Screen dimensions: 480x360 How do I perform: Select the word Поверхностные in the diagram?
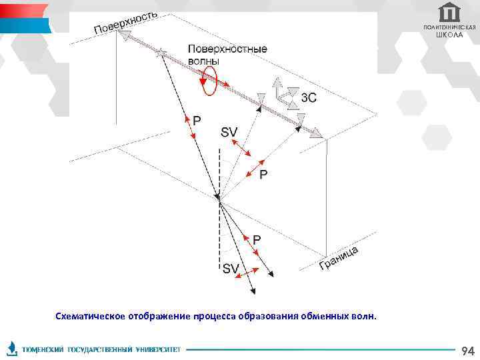[227, 49]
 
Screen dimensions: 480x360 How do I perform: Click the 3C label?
[309, 98]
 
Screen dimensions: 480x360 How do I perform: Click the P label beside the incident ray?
[197, 120]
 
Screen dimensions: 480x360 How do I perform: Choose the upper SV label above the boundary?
[229, 133]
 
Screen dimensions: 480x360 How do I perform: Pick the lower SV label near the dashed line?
[231, 269]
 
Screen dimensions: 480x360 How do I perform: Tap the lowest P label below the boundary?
[257, 238]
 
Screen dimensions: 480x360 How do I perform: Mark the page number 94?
[468, 350]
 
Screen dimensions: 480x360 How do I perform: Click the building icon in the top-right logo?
[450, 12]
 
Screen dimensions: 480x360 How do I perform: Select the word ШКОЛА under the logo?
[449, 35]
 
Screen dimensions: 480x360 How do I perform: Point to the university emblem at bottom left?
[11, 349]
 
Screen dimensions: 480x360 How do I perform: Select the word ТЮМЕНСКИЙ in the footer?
[43, 350]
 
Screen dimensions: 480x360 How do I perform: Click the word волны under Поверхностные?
[203, 60]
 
